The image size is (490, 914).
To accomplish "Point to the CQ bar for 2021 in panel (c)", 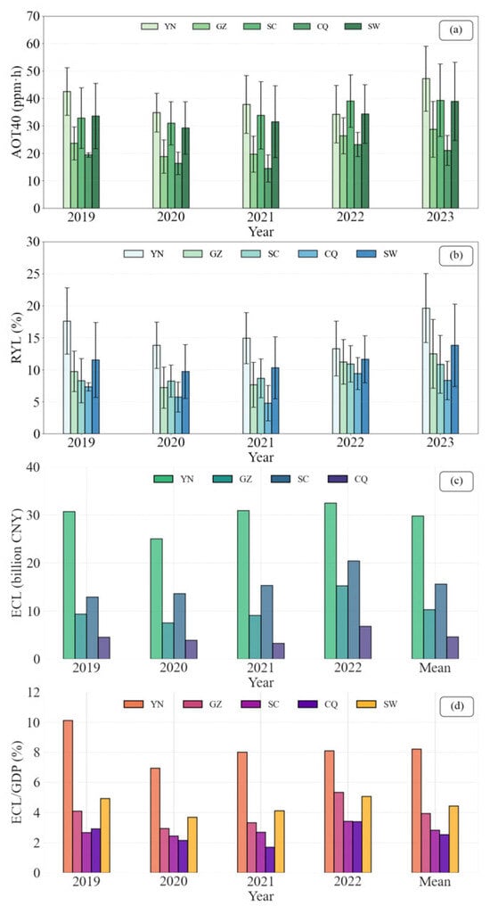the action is (x=278, y=651).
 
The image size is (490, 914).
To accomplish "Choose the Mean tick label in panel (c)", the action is (x=435, y=667).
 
